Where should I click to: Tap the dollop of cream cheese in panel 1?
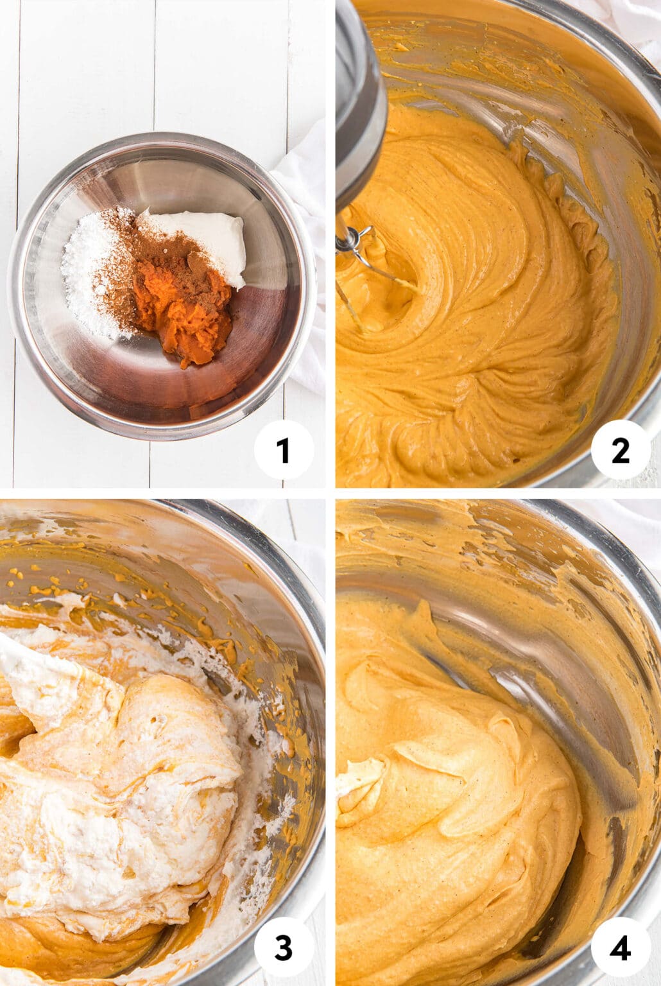pos(205,238)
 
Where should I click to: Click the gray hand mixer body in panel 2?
pos(359,96)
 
